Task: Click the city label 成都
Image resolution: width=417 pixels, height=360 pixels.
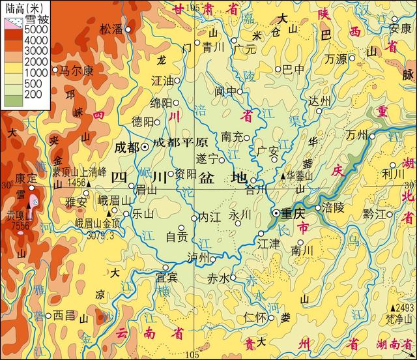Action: [126, 147]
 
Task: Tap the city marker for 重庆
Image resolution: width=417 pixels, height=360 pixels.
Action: [276, 213]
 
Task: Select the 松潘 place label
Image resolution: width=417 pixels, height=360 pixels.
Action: [111, 29]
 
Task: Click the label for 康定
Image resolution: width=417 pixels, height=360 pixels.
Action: [26, 177]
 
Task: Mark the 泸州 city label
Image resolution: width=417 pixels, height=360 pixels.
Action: [197, 258]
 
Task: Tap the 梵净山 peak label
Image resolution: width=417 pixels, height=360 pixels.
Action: [399, 318]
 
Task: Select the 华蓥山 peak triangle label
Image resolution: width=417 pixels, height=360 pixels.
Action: [300, 176]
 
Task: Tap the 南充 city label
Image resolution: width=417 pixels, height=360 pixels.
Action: [232, 137]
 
